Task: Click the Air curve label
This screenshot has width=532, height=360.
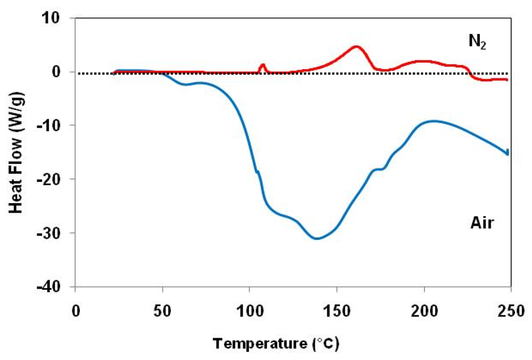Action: pyautogui.click(x=482, y=223)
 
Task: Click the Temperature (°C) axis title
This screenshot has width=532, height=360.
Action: pyautogui.click(x=276, y=344)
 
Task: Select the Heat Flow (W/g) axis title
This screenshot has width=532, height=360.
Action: pyautogui.click(x=16, y=153)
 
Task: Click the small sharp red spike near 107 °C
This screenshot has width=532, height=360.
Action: pyautogui.click(x=263, y=65)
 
